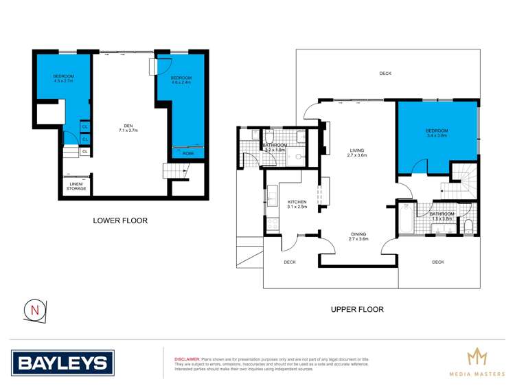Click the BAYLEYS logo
point(62,362)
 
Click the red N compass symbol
point(35,310)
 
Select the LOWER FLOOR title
point(120,220)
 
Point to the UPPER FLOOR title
point(356,309)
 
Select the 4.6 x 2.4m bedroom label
point(181,80)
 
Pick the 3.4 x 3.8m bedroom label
point(436,133)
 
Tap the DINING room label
point(358,236)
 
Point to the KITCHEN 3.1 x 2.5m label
point(297,204)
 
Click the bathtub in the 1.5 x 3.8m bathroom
point(406,218)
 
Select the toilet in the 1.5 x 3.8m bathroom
point(468,226)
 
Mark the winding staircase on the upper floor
point(463,181)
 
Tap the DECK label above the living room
point(385,73)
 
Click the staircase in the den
point(170,170)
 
